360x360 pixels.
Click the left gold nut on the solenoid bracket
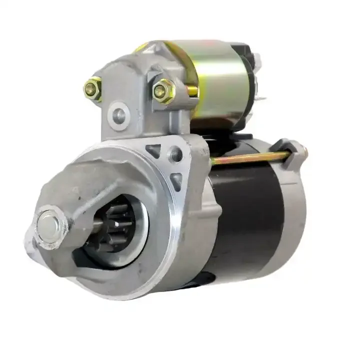pos(92,89)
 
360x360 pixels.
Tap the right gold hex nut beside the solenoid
pos(162,91)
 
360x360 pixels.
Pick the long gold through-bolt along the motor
pos(250,159)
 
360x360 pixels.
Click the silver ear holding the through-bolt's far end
pos(296,149)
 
